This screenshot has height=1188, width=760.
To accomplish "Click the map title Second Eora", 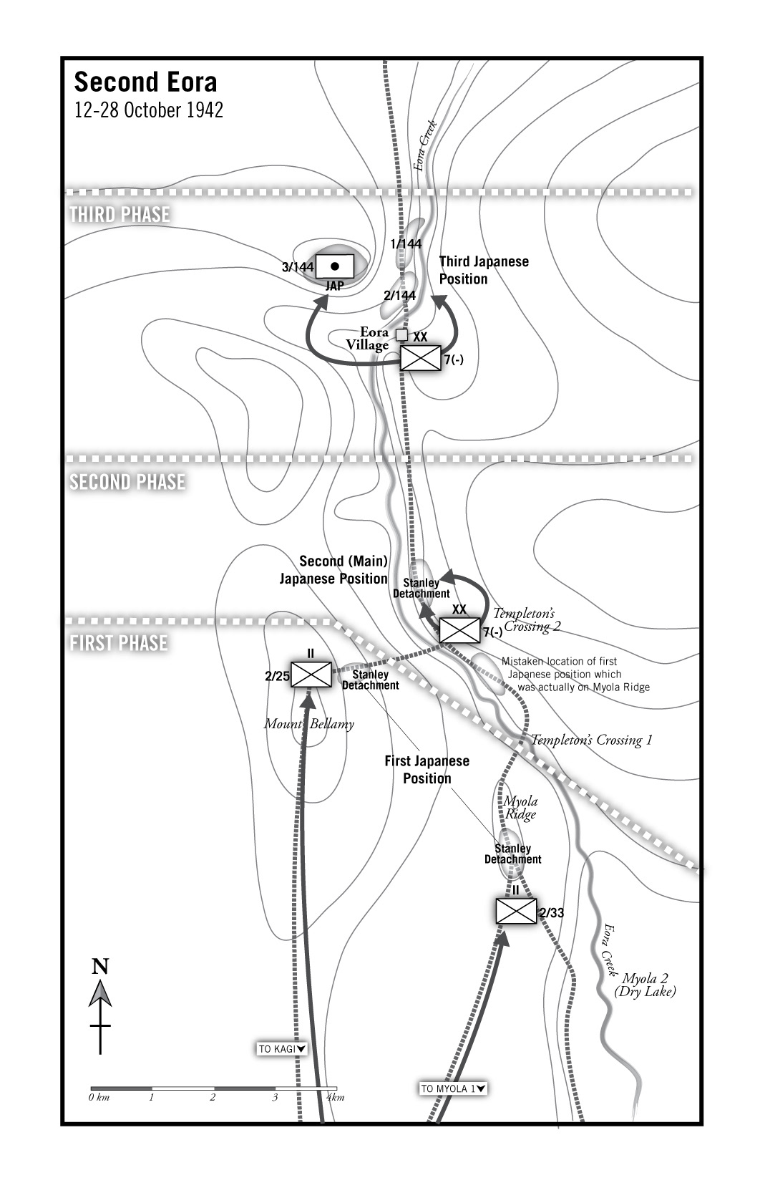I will pos(145,82).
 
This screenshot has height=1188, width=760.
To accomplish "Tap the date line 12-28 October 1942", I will pos(148,110).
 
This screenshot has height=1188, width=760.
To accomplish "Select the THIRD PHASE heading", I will pos(120,214).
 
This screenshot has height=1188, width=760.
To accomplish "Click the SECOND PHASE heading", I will pos(127,482).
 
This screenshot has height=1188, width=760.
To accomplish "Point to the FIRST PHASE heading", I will pos(119,643).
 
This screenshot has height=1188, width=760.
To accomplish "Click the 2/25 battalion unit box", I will pos(311,674).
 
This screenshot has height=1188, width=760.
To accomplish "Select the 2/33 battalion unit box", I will pos(516,911).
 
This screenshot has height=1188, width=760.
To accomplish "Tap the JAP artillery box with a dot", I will pos(334,266).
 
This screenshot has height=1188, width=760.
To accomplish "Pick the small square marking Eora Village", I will pos(401,334).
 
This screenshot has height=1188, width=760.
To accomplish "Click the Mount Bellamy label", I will pos(308,724).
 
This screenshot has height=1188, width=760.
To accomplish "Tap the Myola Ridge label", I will pos(520,807).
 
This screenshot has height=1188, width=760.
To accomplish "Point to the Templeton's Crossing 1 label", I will pos(591,740).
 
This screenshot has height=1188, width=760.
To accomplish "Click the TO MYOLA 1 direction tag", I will pos(454,1089).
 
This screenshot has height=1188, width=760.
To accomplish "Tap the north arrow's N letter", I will pos(100,967).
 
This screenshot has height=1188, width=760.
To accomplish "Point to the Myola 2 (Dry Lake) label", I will pos(645,985).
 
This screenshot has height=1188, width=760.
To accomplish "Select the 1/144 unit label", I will pos(406,244).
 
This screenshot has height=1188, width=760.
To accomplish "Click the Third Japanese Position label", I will pos(484,270).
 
